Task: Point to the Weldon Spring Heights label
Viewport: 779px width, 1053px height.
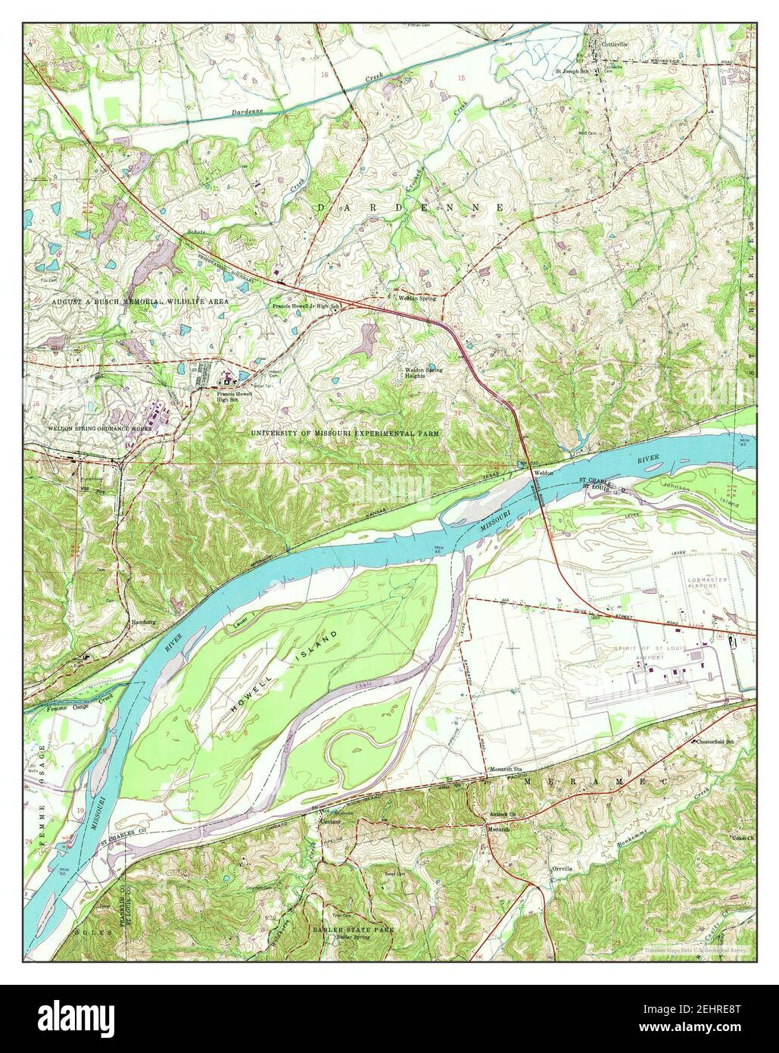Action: [x=423, y=372]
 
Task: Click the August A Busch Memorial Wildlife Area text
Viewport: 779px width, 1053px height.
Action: [x=140, y=302]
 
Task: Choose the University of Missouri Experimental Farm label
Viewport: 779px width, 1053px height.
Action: [x=345, y=433]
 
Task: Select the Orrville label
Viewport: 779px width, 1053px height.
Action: [x=561, y=869]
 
